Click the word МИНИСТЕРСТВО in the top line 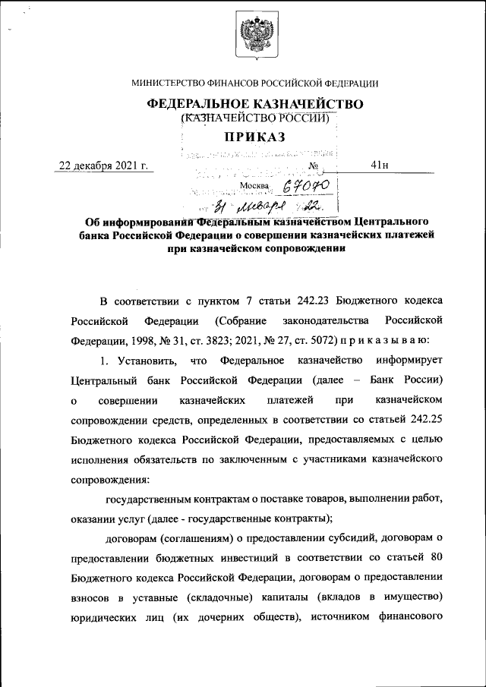[168, 84]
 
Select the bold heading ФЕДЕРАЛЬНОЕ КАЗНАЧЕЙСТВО [255, 103]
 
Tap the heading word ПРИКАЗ [254, 137]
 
